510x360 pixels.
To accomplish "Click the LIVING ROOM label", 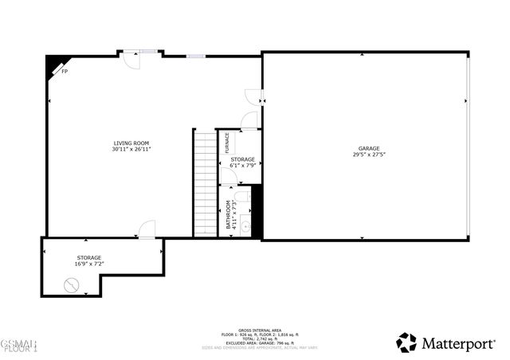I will (131, 143).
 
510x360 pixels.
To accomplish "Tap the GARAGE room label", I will (368, 148).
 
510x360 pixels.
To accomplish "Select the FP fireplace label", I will (65, 71).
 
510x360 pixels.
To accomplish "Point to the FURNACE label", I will (227, 143).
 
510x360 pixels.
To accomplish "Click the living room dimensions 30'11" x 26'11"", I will (131, 149).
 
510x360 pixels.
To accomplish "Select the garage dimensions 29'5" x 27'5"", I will (368, 155).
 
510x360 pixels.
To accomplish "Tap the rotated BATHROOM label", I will (228, 214).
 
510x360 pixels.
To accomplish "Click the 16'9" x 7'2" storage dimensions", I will (89, 264).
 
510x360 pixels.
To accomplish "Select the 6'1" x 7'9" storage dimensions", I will (243, 166).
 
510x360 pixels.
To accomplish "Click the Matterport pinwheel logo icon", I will (406, 342).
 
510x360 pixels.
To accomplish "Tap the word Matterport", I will (459, 343).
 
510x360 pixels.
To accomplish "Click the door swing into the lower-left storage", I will (147, 231).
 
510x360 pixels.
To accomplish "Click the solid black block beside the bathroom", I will (257, 211).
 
